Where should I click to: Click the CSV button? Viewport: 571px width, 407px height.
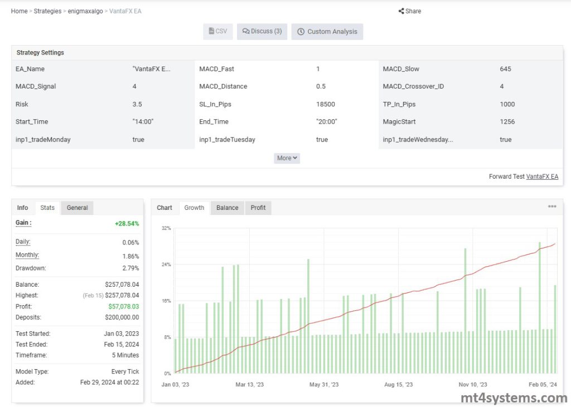(x=217, y=32)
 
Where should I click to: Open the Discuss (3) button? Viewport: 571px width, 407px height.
(x=262, y=32)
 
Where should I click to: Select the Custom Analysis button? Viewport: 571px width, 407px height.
(x=327, y=32)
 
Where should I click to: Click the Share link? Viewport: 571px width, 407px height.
(x=410, y=11)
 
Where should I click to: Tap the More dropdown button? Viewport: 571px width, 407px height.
(x=287, y=158)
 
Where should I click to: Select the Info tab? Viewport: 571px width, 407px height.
(x=22, y=208)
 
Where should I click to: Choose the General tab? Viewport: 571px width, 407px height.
(x=77, y=208)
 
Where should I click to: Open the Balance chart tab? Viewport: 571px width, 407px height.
(x=227, y=208)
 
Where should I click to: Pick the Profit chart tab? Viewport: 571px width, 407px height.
(x=258, y=208)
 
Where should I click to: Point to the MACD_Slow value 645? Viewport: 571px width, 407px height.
(x=506, y=69)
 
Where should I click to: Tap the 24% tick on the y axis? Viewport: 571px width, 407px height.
(x=166, y=264)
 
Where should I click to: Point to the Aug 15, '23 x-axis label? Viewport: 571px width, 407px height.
(x=398, y=385)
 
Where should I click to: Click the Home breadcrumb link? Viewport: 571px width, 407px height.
(x=19, y=11)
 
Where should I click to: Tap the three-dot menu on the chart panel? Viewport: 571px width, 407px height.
(x=552, y=207)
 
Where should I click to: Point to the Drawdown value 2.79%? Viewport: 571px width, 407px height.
(x=130, y=268)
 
